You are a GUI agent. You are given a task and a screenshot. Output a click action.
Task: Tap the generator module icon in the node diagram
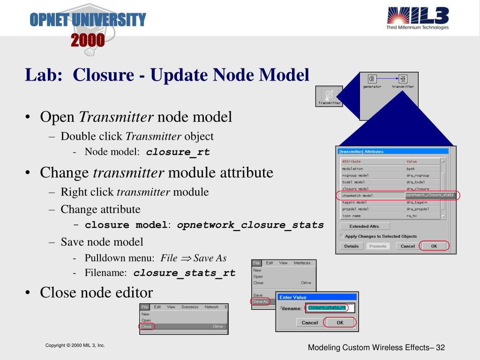pos(373,79)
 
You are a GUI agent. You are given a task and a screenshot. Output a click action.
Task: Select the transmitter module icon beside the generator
pos(403,79)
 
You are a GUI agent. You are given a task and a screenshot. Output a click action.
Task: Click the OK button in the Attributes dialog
pos(434,246)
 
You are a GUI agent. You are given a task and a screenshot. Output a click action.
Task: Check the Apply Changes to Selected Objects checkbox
pos(342,236)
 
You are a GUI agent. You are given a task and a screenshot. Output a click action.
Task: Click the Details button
pos(351,246)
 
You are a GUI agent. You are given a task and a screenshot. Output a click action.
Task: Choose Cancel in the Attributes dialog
pos(408,246)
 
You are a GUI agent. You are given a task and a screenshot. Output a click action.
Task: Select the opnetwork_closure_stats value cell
pos(430,195)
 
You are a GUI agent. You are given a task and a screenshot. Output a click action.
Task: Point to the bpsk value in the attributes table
pos(411,169)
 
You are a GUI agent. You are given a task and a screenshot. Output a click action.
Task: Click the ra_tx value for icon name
pos(412,216)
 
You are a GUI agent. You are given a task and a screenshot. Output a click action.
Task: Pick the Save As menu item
pos(260,301)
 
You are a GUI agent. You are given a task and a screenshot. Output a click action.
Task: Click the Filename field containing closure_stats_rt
pos(330,308)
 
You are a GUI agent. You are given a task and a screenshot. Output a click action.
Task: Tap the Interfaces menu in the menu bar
pos(302,263)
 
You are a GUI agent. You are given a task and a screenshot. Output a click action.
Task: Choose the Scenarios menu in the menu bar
pos(190,307)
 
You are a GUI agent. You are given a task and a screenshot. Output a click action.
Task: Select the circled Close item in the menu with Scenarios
pos(146,326)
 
